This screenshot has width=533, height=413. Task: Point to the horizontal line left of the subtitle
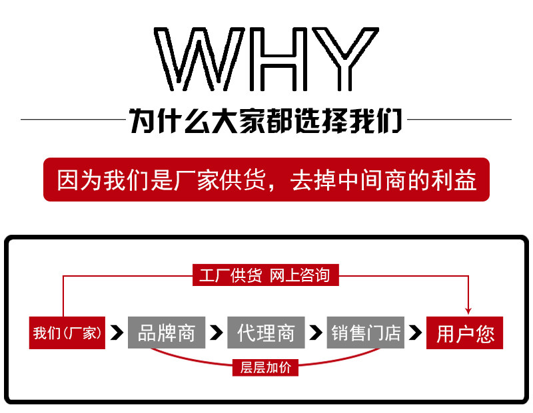click(x=73, y=120)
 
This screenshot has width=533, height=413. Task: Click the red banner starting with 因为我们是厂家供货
click(x=266, y=180)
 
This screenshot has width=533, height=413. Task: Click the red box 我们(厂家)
click(x=67, y=332)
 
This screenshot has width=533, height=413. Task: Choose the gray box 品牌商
click(x=166, y=332)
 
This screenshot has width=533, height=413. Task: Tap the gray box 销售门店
click(x=366, y=332)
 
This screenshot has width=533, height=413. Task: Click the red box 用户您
click(x=464, y=332)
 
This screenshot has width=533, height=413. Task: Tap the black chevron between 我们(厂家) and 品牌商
click(x=118, y=332)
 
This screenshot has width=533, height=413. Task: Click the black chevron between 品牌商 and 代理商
click(x=216, y=332)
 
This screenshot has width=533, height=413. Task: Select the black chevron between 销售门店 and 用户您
click(x=416, y=332)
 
